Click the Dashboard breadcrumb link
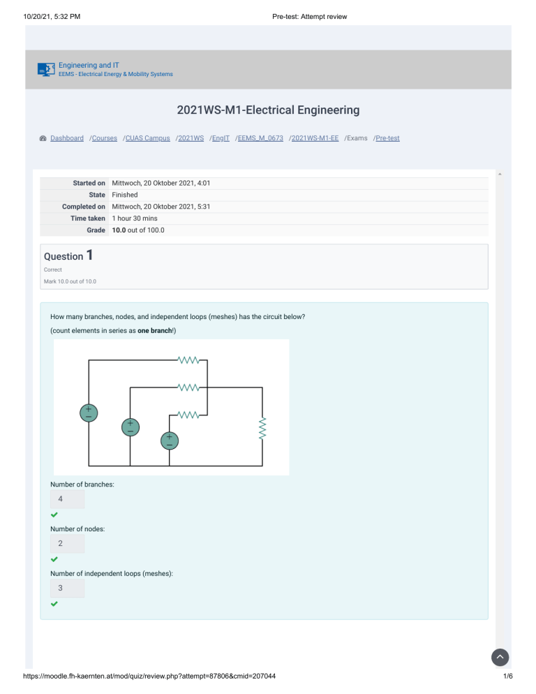pyautogui.click(x=66, y=138)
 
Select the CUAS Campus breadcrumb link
pyautogui.click(x=147, y=138)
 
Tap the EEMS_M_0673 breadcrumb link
pyautogui.click(x=260, y=138)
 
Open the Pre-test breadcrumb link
pyautogui.click(x=387, y=138)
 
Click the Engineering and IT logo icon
pyautogui.click(x=46, y=69)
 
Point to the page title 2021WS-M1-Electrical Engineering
pyautogui.click(x=268, y=110)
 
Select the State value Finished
pyautogui.click(x=125, y=195)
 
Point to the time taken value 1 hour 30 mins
pyautogui.click(x=135, y=219)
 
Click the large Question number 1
pyautogui.click(x=90, y=255)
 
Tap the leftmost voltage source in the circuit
pyautogui.click(x=89, y=413)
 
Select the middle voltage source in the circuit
pyautogui.click(x=130, y=427)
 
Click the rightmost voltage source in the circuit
pyautogui.click(x=169, y=441)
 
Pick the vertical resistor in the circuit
pyautogui.click(x=263, y=429)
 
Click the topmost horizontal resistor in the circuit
pyautogui.click(x=190, y=360)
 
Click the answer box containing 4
pyautogui.click(x=67, y=499)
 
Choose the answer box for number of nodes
pyautogui.click(x=67, y=543)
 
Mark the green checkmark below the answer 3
pyautogui.click(x=54, y=604)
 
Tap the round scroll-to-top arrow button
pyautogui.click(x=500, y=658)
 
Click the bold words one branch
pyautogui.click(x=154, y=330)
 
